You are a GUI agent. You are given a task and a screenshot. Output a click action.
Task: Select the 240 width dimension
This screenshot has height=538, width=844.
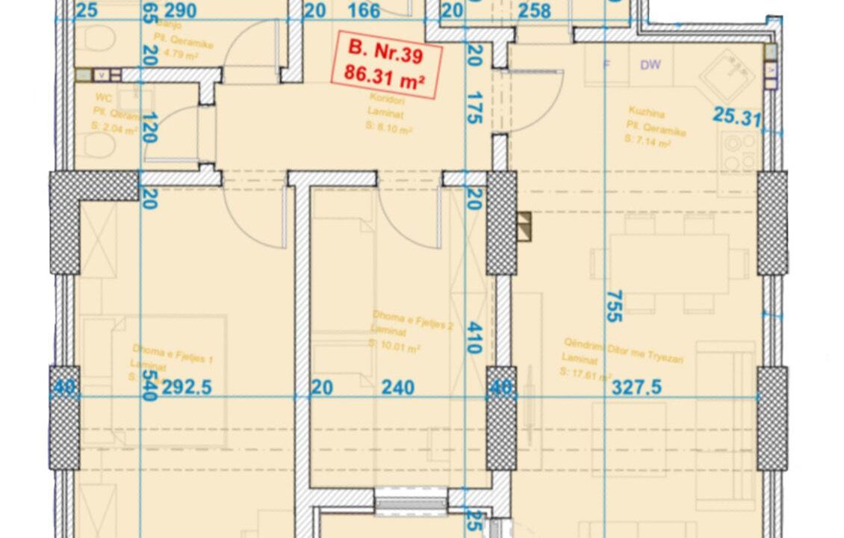[x=398, y=388]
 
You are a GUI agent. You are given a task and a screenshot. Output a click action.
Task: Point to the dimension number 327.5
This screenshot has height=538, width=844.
[x=636, y=388]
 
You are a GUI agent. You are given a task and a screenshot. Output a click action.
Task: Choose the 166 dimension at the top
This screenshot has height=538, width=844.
[x=364, y=10]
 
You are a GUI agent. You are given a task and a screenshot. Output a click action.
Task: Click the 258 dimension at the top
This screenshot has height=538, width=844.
[x=534, y=10]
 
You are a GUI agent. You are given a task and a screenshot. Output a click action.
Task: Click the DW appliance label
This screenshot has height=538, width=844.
[x=650, y=65]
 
